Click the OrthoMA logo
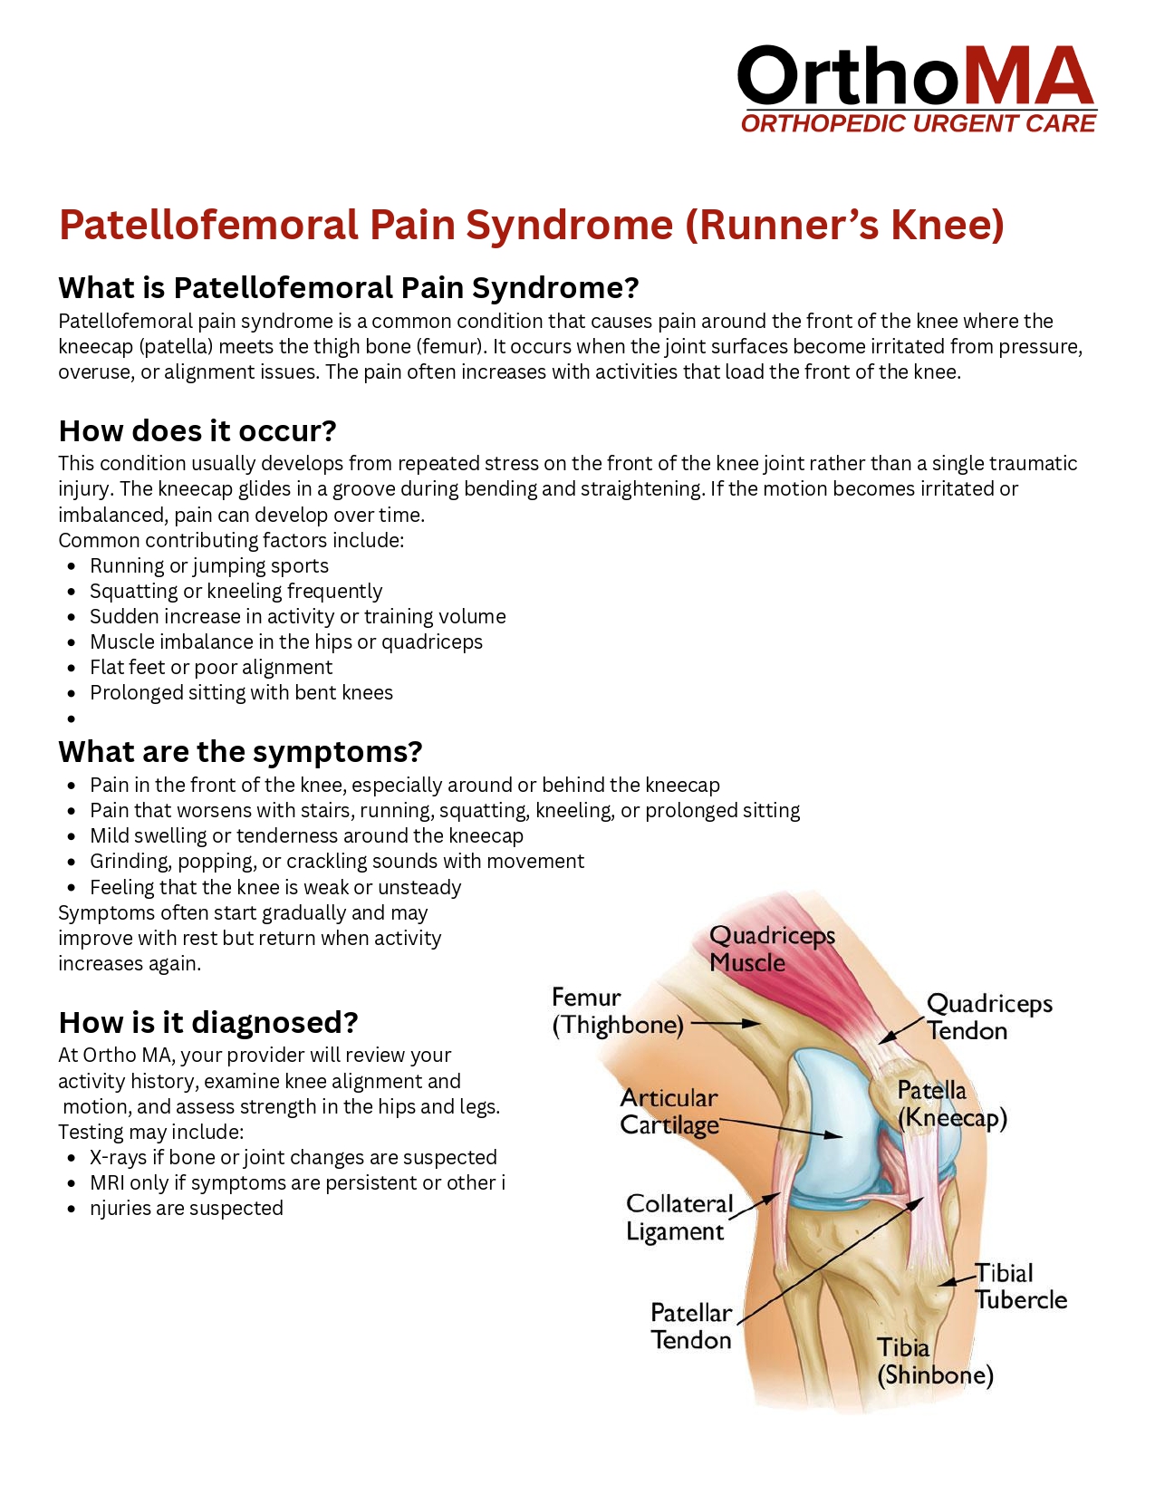point(917,89)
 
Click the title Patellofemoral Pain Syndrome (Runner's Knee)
point(532,225)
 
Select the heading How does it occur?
point(197,430)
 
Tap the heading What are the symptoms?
point(240,752)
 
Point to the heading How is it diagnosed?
point(208,1023)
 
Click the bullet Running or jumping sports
point(209,566)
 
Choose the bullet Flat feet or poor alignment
point(211,668)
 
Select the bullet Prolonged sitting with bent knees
point(241,693)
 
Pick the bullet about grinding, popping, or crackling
point(336,862)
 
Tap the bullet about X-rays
point(293,1158)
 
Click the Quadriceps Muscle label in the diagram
point(771,949)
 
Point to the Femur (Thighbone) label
point(618,1011)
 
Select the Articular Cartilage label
point(669,1112)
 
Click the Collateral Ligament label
point(679,1218)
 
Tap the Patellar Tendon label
point(690,1326)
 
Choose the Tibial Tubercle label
point(1020,1287)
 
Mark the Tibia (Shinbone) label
point(934,1362)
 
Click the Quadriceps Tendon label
point(988,1017)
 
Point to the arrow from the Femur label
point(730,1023)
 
